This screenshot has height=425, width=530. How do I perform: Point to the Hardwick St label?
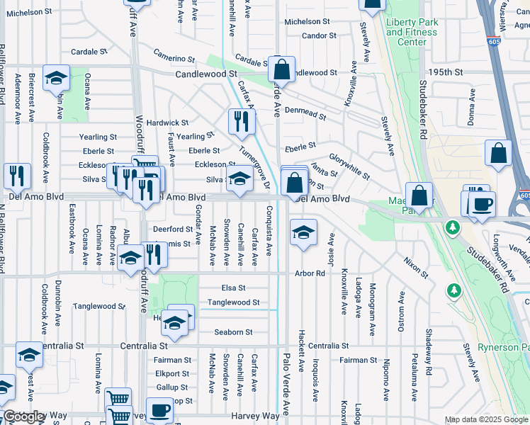[x=168, y=123]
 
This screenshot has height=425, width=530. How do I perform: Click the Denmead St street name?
[x=305, y=113]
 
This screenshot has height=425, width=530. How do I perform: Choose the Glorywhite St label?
[x=349, y=165]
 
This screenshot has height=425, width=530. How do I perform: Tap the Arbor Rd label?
[x=310, y=273]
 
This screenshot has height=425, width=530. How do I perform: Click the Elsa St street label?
[x=232, y=288]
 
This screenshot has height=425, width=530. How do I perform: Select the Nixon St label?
[x=416, y=268]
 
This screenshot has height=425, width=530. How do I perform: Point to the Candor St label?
[x=318, y=35]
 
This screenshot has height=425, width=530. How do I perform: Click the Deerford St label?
[x=173, y=229]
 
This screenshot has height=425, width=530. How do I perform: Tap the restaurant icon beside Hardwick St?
[x=242, y=123]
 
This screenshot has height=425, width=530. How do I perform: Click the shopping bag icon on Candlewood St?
[x=281, y=70]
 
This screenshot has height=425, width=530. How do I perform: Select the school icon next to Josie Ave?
[x=303, y=233]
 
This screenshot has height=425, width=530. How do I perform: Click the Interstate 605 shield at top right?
[x=493, y=42]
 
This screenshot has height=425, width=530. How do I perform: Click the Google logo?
[x=24, y=416]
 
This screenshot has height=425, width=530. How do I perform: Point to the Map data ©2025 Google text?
[x=486, y=420]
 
